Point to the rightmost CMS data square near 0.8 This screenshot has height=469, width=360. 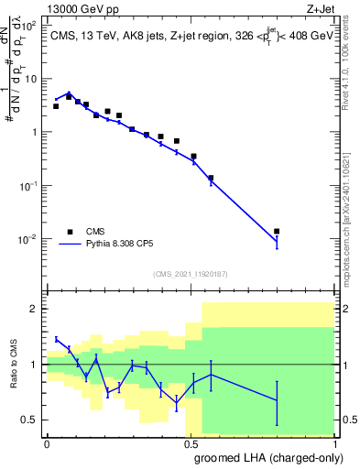pos(277,232)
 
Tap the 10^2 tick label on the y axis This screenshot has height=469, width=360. pos(28,25)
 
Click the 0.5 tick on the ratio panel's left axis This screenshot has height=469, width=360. pos(29,420)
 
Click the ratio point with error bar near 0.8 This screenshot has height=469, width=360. pos(277,400)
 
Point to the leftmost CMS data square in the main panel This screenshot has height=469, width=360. pos(56,106)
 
